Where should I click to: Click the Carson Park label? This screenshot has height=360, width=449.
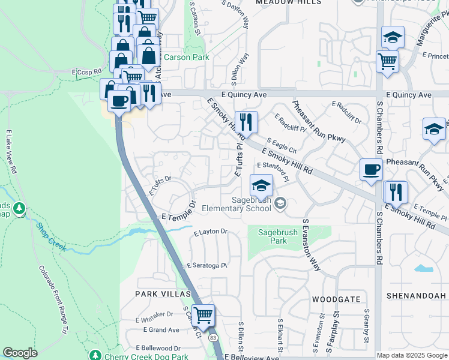(x=187, y=58)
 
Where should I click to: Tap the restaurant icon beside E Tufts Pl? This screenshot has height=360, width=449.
(x=246, y=122)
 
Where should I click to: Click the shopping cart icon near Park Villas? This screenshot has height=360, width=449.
(x=203, y=314)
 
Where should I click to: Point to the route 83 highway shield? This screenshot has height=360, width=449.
(x=214, y=338)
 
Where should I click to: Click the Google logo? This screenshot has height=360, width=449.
(x=20, y=353)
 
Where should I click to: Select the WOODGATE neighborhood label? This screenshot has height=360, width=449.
(x=336, y=299)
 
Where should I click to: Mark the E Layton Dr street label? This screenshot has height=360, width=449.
(x=210, y=232)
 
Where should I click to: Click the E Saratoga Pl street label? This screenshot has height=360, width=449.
(x=208, y=265)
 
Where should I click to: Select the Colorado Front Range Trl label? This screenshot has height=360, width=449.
(x=53, y=300)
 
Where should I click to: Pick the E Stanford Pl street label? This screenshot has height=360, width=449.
(x=273, y=170)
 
